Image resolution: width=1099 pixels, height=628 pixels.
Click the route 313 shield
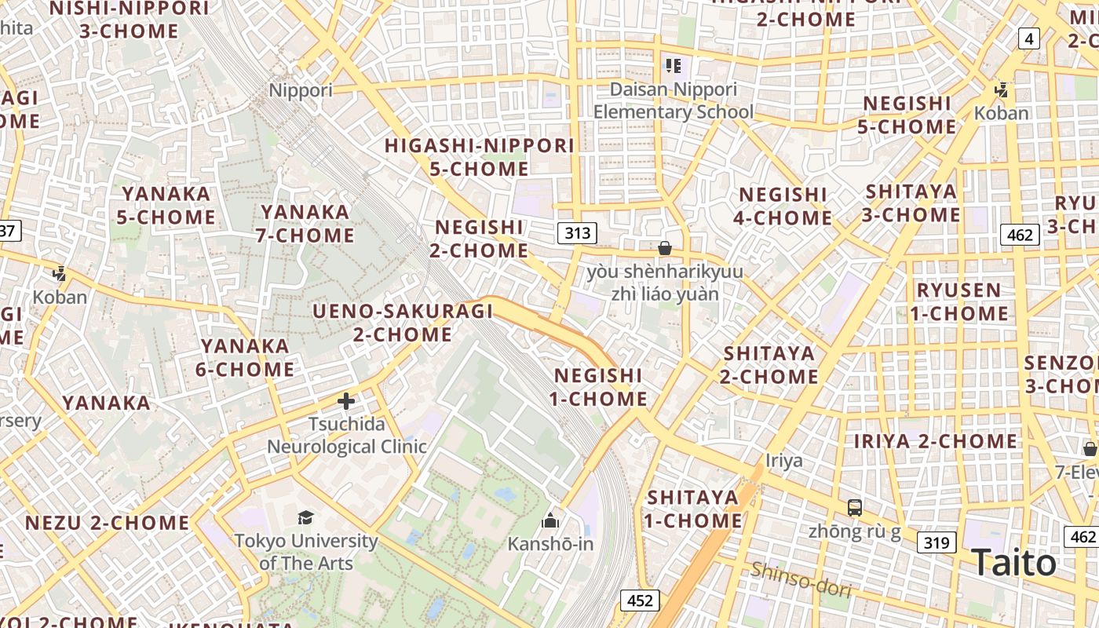577,233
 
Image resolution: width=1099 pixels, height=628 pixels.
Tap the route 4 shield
1029,38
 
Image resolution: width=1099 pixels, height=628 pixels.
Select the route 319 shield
936,542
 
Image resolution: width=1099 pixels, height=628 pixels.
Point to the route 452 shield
640,601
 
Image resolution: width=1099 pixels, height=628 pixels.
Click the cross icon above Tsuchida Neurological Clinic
346,402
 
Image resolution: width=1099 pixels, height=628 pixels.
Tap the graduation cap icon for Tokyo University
305,517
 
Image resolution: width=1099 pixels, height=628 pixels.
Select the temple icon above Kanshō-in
550,520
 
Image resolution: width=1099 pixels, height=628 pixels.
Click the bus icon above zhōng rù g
855,508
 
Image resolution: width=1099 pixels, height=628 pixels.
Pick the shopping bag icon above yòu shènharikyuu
665,248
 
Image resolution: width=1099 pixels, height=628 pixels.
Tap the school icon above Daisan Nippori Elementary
673,66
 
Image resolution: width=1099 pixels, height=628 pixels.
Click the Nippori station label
301,90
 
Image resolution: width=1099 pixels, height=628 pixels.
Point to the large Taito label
1013,563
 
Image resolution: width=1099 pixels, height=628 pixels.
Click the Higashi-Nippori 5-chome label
479,157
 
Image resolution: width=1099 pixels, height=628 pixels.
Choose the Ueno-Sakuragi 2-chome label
403,323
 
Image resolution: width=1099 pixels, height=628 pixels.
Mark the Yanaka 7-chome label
305,224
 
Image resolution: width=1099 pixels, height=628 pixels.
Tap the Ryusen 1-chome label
959,301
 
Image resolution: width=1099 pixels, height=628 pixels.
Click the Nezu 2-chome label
108,523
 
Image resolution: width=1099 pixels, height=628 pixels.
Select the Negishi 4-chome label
783,206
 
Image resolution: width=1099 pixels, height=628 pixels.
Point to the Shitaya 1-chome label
693,509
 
